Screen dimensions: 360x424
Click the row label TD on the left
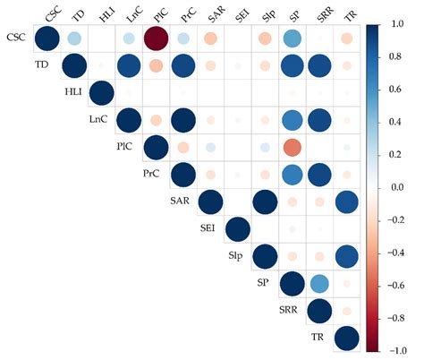41,66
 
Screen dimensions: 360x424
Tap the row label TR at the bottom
317,339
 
